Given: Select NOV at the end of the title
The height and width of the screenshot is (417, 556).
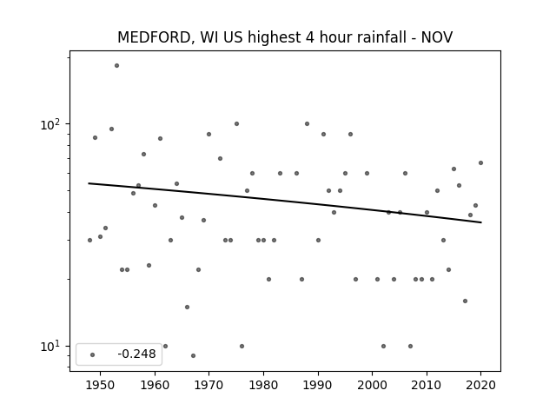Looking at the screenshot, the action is [x=437, y=37].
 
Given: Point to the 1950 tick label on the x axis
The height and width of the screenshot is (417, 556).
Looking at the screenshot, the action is [x=101, y=385].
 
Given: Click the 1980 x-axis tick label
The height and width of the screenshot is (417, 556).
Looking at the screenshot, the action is [x=263, y=385].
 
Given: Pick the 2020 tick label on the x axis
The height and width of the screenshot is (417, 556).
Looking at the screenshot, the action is [x=480, y=385].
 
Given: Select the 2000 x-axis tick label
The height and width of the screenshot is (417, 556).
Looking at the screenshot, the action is [x=372, y=385].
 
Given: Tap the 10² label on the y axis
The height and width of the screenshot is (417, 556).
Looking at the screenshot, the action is [x=50, y=124].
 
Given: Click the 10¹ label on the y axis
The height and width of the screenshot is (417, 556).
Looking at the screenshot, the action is [x=50, y=346].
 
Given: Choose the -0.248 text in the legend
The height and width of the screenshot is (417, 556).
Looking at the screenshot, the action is [x=136, y=354].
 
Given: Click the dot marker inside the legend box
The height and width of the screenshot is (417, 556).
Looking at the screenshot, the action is [x=93, y=354].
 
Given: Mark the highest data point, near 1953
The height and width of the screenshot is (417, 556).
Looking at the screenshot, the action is [x=116, y=66].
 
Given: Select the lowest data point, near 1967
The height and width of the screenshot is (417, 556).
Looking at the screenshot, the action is [x=193, y=355].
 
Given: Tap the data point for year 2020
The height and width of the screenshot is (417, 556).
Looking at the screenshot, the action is [x=480, y=162].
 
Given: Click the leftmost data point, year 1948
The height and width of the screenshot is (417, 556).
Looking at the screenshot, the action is [x=89, y=240].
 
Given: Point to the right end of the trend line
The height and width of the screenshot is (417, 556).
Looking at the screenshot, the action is [x=481, y=222].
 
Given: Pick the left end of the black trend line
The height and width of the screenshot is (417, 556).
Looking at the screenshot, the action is [x=89, y=183].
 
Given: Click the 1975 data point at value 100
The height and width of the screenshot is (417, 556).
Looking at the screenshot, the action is [x=236, y=123].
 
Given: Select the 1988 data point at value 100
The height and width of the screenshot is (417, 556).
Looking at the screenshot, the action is [x=307, y=123].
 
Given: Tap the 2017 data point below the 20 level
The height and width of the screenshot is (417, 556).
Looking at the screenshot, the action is [x=465, y=301].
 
